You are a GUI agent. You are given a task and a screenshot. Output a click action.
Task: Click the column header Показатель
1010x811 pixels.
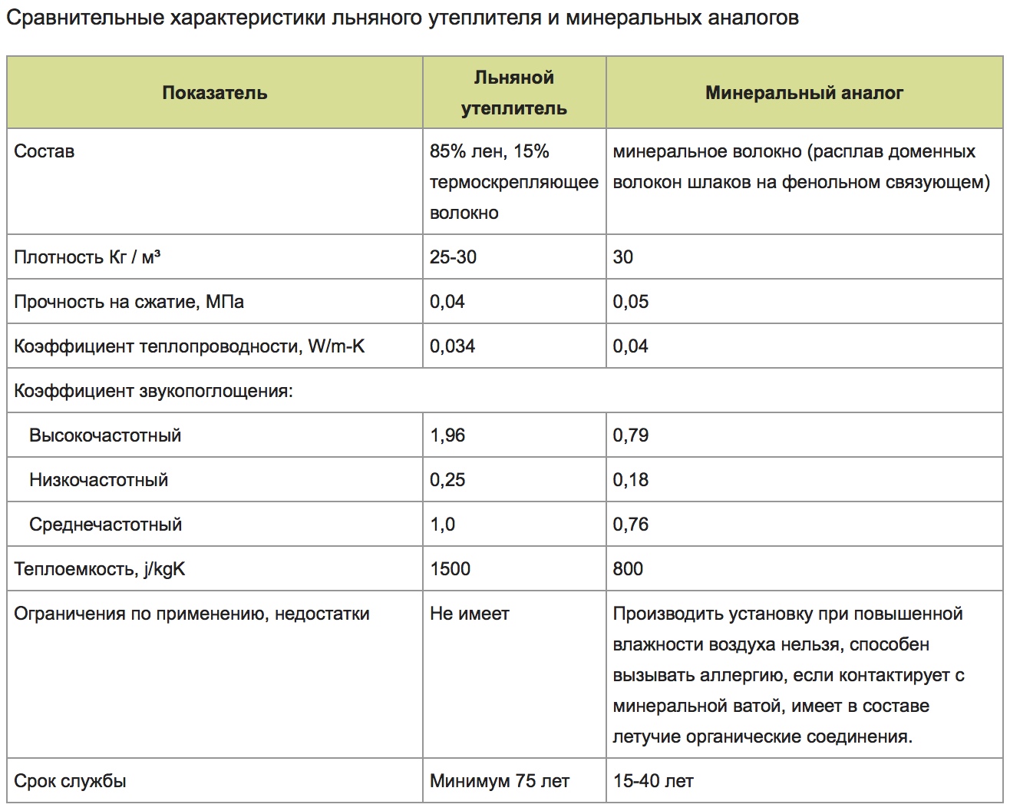214,93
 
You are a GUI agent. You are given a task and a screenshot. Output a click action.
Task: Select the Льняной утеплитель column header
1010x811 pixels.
513,93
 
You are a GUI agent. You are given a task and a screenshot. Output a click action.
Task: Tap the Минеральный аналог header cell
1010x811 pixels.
804,93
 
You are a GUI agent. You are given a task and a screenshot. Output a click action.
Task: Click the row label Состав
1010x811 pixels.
44,151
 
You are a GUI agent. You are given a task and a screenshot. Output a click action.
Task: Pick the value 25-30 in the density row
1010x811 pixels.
453,257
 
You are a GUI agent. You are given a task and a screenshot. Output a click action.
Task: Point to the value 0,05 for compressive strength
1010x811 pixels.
630,302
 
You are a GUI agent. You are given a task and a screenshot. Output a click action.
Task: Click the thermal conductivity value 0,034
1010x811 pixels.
452,346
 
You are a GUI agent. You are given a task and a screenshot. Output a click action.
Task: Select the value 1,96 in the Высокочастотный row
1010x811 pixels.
447,435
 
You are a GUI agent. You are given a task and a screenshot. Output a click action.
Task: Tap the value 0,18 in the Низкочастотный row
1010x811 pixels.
630,480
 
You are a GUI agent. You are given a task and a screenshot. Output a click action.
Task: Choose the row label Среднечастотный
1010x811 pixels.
105,525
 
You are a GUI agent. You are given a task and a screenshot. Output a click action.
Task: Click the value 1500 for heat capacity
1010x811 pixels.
450,569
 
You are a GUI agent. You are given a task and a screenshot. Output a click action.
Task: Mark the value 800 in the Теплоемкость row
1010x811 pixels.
628,569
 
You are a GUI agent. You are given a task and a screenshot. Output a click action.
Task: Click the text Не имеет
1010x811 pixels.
469,614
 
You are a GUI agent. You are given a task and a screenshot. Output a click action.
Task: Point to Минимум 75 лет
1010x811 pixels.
499,781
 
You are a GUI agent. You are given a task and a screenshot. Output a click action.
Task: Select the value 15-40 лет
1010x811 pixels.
653,781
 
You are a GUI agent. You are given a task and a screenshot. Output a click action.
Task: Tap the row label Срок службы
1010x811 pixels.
70,781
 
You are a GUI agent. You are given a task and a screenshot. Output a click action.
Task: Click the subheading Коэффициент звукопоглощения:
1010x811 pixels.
153,391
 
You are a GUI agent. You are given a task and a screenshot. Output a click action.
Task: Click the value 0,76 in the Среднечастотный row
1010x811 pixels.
630,525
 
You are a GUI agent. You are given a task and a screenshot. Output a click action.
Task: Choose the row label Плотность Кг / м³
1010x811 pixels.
87,257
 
